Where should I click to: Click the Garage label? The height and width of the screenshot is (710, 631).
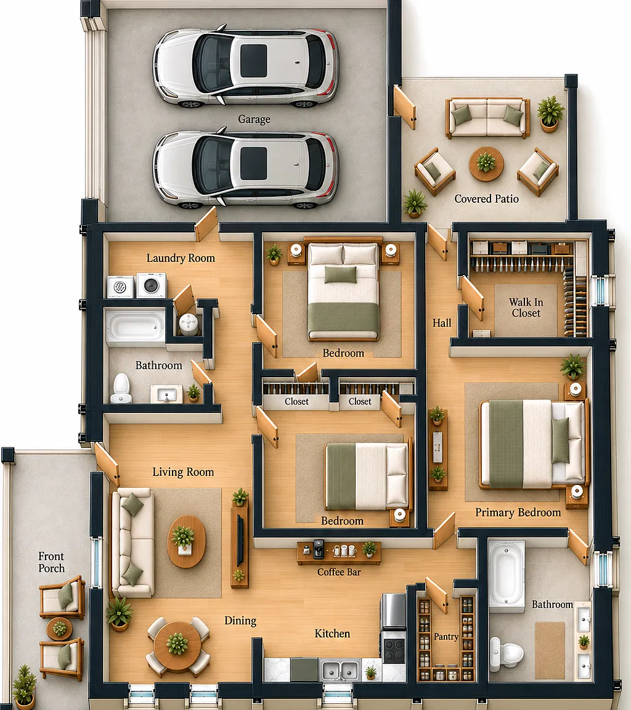click(254, 119)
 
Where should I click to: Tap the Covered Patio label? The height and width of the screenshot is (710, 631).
click(486, 199)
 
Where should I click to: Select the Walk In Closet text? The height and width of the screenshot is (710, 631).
click(526, 308)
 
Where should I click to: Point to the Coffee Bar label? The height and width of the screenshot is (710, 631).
click(339, 572)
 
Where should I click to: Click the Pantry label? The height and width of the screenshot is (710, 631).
click(446, 637)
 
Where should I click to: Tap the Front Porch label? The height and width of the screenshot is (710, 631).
click(51, 562)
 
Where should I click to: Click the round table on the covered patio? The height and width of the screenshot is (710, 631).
click(486, 164)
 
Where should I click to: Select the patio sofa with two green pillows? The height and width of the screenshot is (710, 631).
click(487, 118)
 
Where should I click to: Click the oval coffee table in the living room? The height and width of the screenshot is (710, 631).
click(187, 541)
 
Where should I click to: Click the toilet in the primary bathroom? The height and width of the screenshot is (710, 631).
click(507, 654)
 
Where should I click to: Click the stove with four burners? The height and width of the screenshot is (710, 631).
click(394, 648)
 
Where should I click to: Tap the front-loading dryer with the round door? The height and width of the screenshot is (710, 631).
click(152, 285)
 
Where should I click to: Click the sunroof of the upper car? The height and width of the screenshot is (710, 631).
click(253, 60)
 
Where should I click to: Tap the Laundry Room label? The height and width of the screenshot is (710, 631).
click(181, 258)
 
